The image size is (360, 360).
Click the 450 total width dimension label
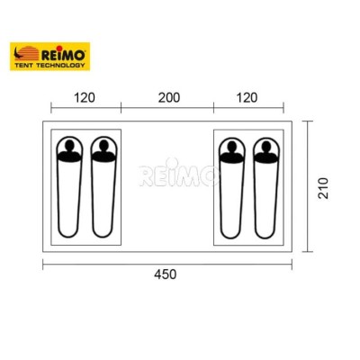(166, 274)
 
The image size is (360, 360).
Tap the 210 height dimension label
(323, 188)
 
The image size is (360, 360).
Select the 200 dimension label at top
(169, 98)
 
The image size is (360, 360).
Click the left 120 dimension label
(85, 98)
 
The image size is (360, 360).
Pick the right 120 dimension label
(247, 98)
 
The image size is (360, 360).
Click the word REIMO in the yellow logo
(63, 55)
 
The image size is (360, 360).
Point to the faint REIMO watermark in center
(179, 175)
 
